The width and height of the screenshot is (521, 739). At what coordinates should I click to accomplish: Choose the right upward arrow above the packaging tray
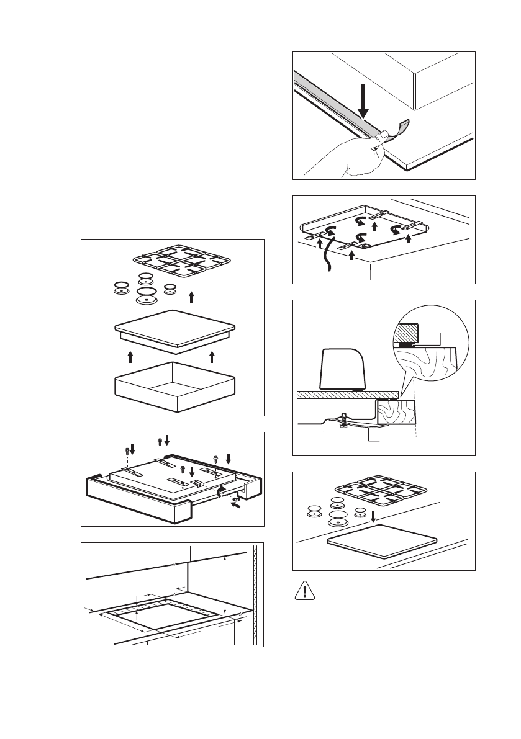(212, 356)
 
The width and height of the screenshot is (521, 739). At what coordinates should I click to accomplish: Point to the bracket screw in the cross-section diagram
(342, 421)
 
